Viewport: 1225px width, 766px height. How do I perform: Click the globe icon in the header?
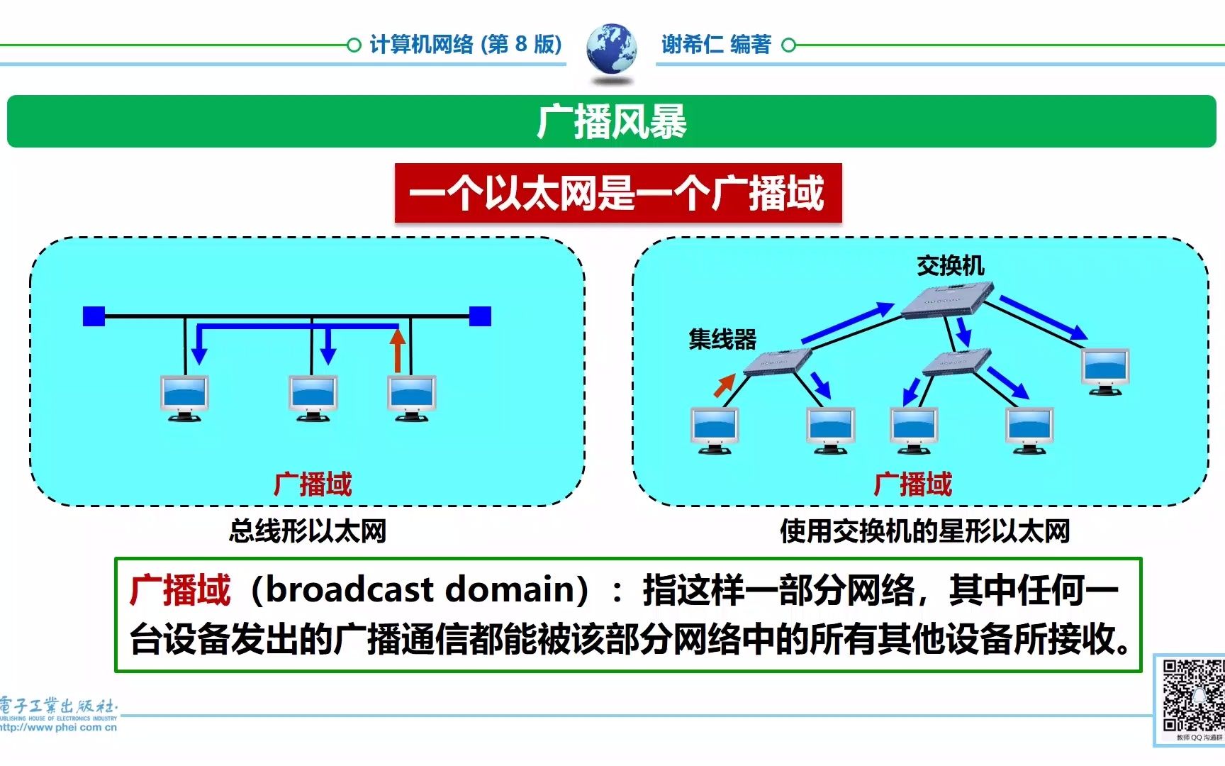pos(611,48)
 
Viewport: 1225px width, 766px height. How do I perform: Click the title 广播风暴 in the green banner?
pos(611,122)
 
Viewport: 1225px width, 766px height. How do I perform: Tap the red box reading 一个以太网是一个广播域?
pos(617,193)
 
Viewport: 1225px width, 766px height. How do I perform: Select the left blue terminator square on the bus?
pos(94,316)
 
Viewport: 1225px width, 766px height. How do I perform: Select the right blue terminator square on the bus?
pos(480,316)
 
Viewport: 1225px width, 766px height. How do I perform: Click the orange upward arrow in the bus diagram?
pos(398,350)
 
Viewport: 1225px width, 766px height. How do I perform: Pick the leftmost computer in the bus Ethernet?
pos(184,397)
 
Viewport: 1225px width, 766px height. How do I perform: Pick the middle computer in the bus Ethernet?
pos(313,397)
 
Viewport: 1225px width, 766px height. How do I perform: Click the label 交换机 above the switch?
pos(950,266)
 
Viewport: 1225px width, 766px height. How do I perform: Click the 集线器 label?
pos(722,339)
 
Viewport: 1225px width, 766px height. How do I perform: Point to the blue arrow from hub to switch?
pos(847,323)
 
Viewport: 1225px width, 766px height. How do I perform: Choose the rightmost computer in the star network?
pos(1104,370)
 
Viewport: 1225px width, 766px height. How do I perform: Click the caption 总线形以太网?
pos(308,531)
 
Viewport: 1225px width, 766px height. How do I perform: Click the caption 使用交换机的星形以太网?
pos(924,531)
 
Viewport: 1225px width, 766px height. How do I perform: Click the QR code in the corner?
pos(1192,696)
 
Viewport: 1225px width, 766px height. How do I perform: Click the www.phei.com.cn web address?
pos(58,727)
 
